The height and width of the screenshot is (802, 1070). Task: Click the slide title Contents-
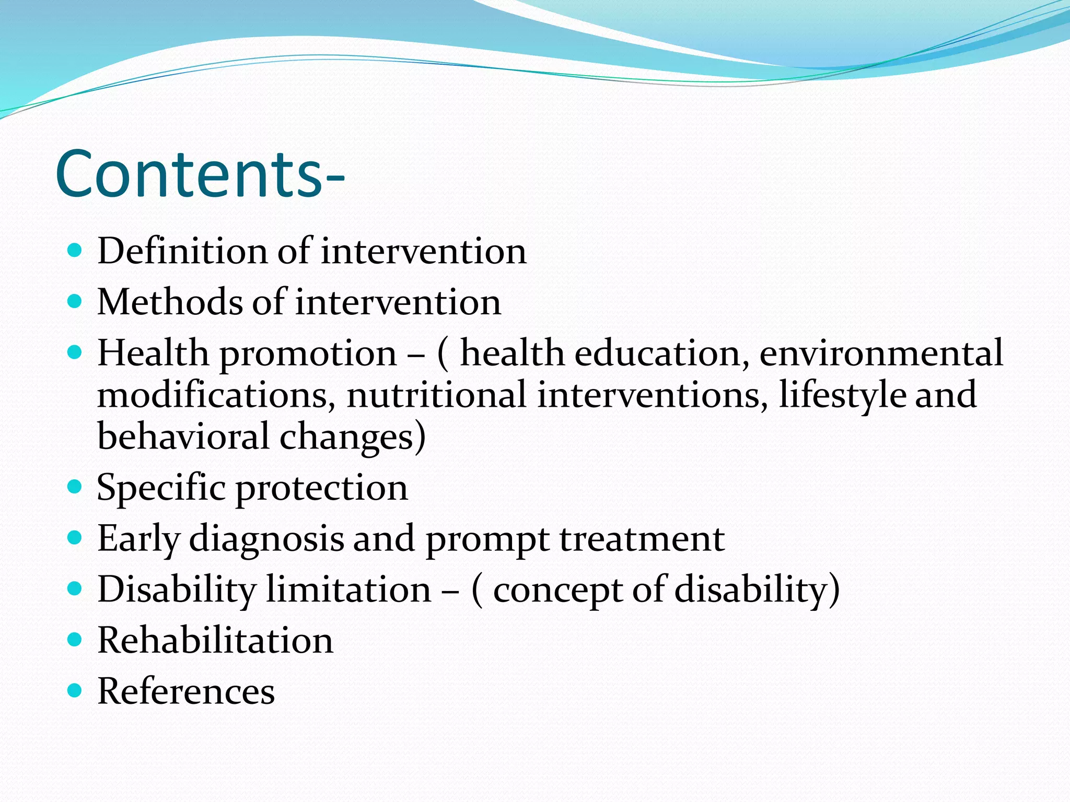coord(200,174)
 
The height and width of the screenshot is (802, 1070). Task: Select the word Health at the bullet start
coord(153,353)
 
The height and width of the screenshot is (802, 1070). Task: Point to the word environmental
coord(881,353)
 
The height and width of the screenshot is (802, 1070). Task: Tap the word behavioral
coord(183,437)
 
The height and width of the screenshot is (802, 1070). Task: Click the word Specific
coord(161,488)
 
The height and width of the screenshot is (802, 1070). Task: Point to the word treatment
coord(642,539)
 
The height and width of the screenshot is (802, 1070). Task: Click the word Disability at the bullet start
coord(177,590)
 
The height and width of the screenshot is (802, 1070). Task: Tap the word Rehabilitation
coord(215,641)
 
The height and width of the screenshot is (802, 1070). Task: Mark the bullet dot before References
coord(75,691)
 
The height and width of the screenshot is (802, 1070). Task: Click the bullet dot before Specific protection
coord(75,487)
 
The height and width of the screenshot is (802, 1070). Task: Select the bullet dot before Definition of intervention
coord(75,250)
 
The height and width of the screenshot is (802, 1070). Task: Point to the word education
coord(658,353)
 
